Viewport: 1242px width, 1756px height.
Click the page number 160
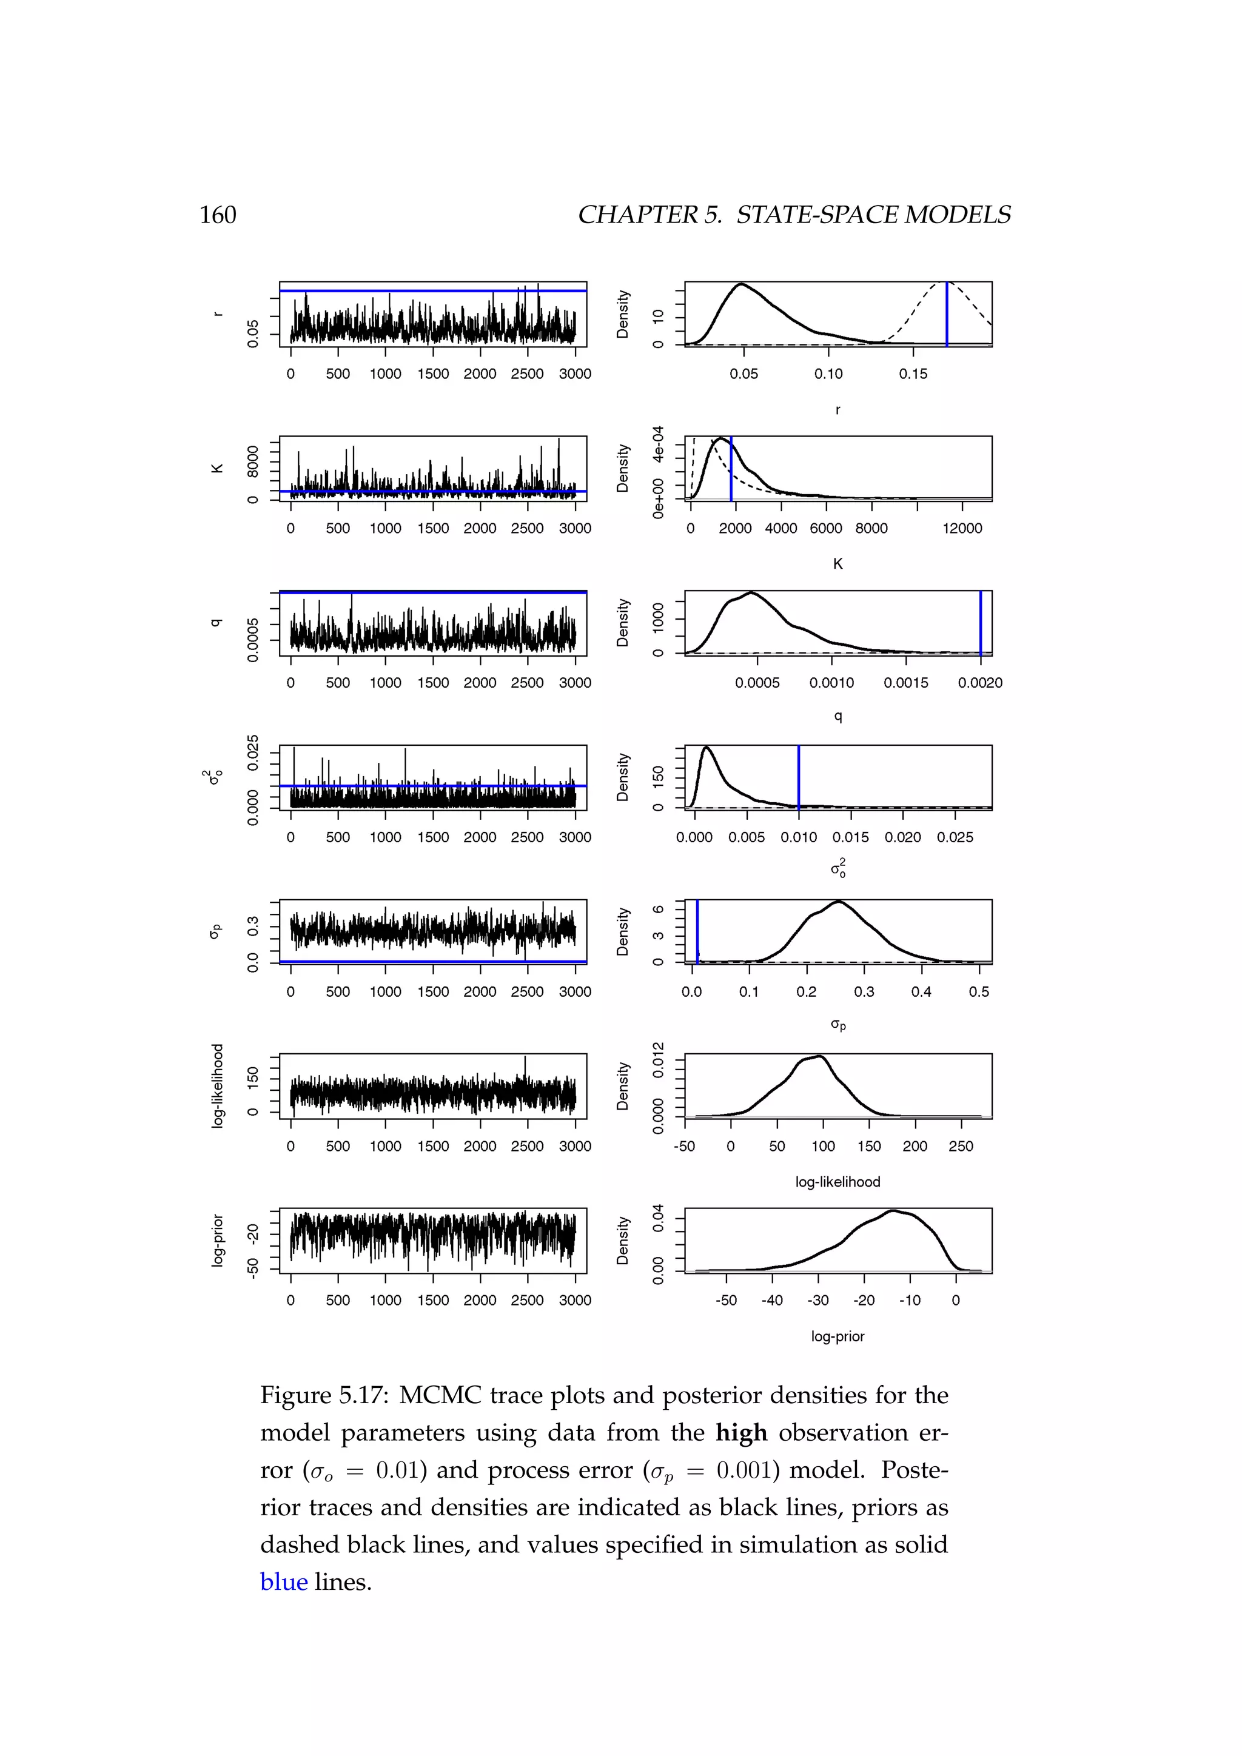(x=218, y=215)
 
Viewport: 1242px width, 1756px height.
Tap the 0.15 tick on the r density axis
(x=913, y=374)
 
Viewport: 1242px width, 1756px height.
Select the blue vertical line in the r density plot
(x=947, y=313)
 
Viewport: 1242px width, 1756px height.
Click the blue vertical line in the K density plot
(x=731, y=468)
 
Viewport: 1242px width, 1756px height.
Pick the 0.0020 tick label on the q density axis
(x=979, y=683)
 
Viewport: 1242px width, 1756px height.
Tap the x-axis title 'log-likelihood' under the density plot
(x=838, y=1182)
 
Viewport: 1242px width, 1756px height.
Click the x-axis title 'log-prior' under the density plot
(x=838, y=1336)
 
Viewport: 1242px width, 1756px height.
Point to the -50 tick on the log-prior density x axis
(x=726, y=1300)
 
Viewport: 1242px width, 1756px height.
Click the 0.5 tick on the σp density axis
(x=979, y=992)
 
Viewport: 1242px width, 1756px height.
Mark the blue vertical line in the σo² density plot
(x=799, y=776)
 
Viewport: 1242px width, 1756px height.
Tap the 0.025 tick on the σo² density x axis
(x=955, y=837)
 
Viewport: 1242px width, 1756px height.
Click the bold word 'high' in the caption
(x=741, y=1432)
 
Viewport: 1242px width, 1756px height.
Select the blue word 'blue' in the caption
(x=284, y=1581)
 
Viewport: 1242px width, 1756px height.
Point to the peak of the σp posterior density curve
(x=839, y=902)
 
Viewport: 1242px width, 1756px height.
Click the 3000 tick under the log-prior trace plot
(x=575, y=1300)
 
